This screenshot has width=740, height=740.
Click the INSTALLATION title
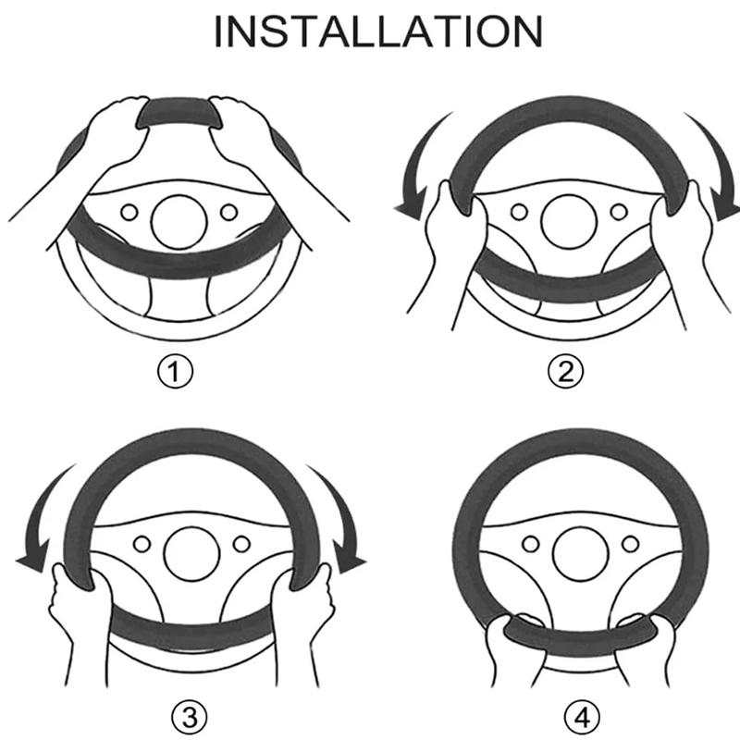378,31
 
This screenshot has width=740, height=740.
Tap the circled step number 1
175,372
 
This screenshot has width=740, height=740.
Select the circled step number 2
565,372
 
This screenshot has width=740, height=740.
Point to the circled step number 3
190,719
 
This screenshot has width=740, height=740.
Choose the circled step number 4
583,719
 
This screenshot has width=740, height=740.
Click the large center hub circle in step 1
179,222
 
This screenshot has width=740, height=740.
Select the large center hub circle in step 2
569,222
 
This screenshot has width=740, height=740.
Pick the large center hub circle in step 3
191,554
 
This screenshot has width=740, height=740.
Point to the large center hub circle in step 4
581,554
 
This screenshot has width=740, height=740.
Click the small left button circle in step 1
129,212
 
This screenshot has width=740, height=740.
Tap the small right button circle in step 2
619,212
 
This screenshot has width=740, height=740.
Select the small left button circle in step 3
142,544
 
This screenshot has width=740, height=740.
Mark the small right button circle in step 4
631,544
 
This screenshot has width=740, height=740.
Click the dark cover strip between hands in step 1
179,112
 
